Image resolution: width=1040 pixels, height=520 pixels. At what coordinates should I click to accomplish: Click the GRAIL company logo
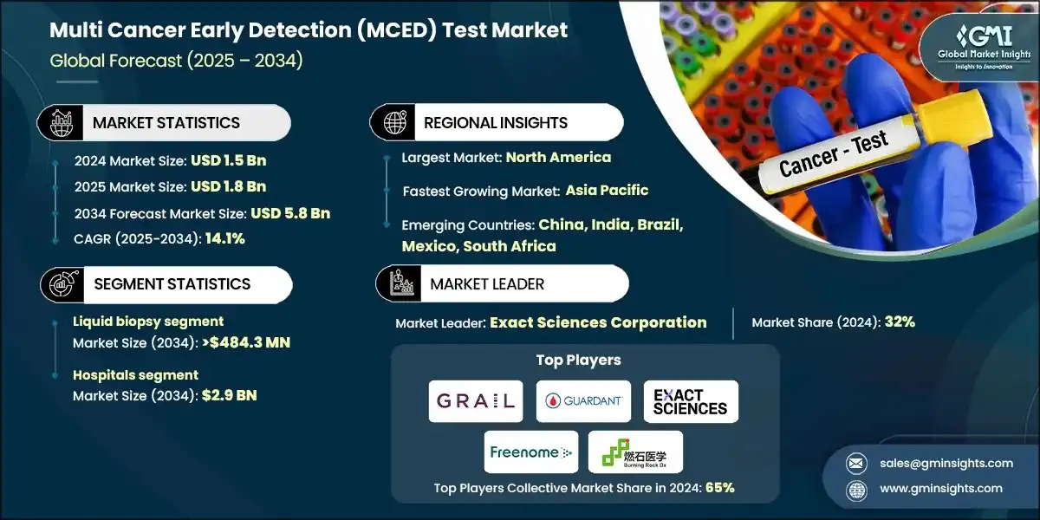[476, 401]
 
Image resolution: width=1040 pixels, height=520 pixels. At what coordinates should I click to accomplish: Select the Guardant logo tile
[583, 401]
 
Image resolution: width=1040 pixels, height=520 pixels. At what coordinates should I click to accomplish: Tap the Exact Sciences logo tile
[691, 401]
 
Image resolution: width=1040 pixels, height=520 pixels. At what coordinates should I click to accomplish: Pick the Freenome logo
[531, 452]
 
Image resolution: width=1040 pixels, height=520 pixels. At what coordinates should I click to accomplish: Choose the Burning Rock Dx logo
[635, 452]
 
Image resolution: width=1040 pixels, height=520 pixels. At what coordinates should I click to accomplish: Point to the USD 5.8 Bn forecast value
[290, 212]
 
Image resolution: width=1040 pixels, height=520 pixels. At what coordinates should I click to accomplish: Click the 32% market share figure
[900, 322]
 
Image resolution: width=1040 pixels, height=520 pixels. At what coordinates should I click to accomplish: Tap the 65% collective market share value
[719, 487]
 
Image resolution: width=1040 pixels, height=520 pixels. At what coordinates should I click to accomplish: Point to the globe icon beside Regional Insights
[394, 123]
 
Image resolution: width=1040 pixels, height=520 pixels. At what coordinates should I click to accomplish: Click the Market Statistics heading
[166, 123]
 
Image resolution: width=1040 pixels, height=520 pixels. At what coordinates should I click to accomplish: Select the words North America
[558, 157]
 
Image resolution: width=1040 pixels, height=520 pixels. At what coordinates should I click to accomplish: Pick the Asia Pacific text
[607, 190]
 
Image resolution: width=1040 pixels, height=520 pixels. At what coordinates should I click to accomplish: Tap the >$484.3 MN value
[246, 342]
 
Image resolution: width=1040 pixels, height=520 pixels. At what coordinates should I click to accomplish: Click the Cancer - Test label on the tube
[834, 153]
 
